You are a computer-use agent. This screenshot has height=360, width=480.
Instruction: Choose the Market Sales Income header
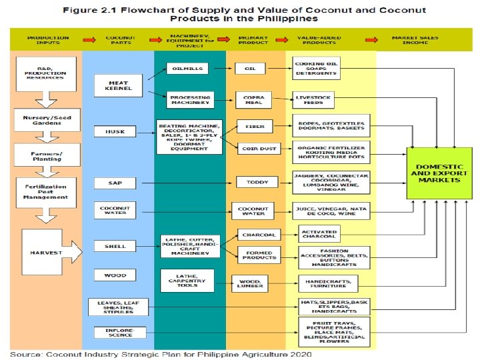point(415,39)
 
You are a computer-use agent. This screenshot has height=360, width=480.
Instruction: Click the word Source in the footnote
point(27,353)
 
